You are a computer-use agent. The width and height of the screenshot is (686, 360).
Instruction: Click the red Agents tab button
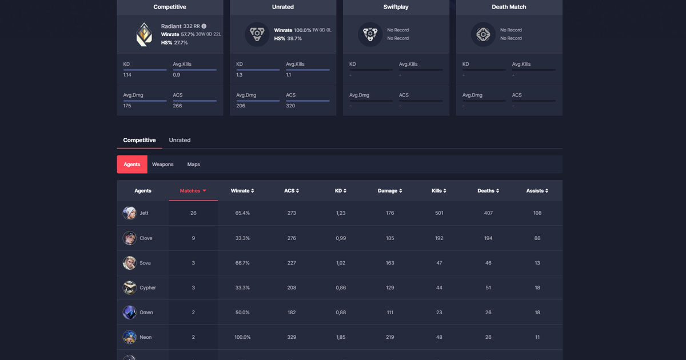pyautogui.click(x=132, y=165)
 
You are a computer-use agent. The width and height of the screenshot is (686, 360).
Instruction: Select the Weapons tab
pyautogui.click(x=162, y=165)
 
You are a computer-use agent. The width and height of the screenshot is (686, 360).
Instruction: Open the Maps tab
pyautogui.click(x=194, y=165)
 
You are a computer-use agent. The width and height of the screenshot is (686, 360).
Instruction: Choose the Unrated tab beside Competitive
pyautogui.click(x=180, y=140)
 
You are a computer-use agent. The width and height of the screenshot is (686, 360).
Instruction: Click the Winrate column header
pyautogui.click(x=242, y=191)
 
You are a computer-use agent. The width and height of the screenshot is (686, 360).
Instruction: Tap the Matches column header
pyautogui.click(x=193, y=191)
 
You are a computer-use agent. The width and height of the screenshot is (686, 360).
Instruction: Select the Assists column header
pyautogui.click(x=537, y=191)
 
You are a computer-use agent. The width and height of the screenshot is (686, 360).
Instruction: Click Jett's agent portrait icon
pyautogui.click(x=129, y=213)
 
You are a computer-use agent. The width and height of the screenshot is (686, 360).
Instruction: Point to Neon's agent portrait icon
pyautogui.click(x=129, y=337)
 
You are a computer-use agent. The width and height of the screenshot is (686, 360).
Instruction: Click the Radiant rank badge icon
pyautogui.click(x=144, y=34)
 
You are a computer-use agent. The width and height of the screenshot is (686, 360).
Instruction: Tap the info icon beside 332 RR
pyautogui.click(x=204, y=26)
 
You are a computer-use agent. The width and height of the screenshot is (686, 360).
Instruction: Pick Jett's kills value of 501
pyautogui.click(x=439, y=213)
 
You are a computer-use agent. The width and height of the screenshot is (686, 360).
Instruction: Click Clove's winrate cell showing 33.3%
pyautogui.click(x=242, y=238)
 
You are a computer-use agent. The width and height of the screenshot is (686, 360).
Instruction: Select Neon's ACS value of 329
pyautogui.click(x=292, y=337)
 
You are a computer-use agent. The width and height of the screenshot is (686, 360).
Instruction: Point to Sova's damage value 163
pyautogui.click(x=390, y=263)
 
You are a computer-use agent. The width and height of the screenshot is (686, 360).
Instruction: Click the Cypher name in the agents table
pyautogui.click(x=147, y=288)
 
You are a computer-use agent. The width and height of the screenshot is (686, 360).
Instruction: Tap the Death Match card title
pyautogui.click(x=509, y=7)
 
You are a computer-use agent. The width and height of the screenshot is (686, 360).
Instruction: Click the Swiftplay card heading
pyautogui.click(x=396, y=7)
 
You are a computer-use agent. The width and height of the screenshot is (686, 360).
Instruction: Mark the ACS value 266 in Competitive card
pyautogui.click(x=177, y=106)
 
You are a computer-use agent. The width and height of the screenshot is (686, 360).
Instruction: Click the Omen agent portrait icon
pyautogui.click(x=129, y=313)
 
